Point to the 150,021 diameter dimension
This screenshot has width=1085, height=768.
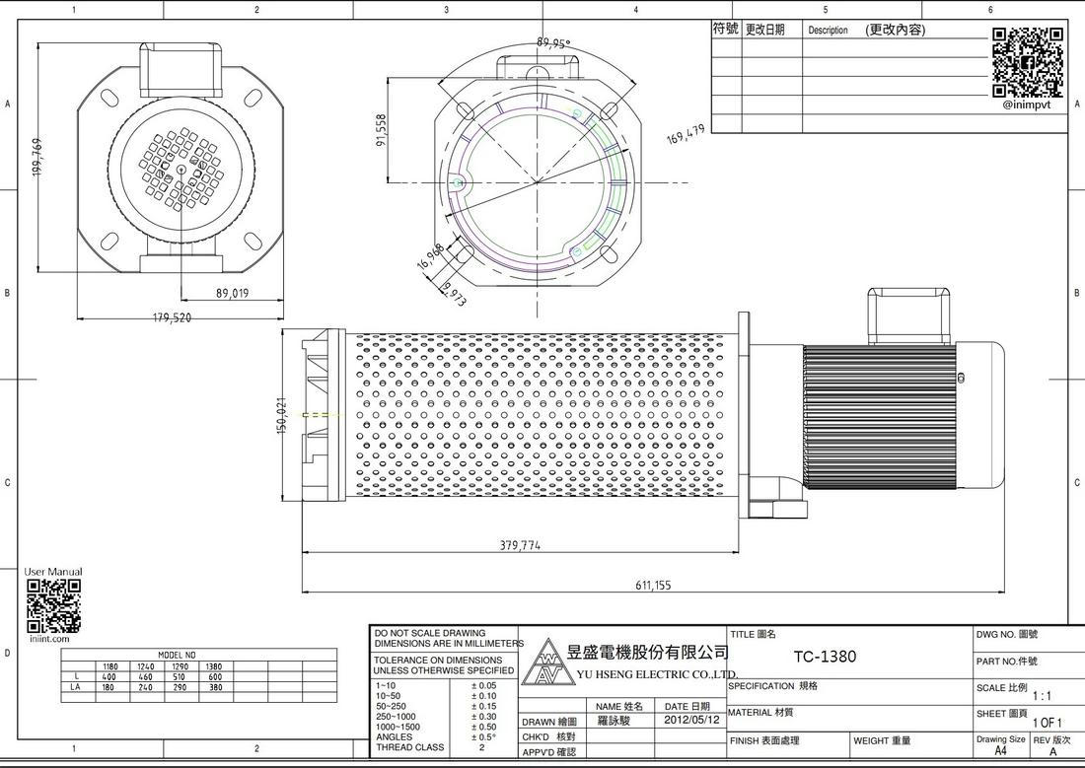[282, 416]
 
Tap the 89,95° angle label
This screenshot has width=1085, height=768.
[553, 43]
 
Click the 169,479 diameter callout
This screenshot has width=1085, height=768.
[686, 134]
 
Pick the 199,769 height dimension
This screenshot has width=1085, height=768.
[37, 158]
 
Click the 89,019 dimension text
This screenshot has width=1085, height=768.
[232, 293]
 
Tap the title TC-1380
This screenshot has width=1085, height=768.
[825, 657]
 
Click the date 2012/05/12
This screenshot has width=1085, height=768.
[687, 721]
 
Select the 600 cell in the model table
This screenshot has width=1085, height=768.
[214, 677]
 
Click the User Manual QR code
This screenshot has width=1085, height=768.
[53, 606]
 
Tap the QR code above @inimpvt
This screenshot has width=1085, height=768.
[1027, 61]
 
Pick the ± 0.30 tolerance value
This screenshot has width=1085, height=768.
[483, 717]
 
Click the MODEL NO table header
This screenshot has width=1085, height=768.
[178, 655]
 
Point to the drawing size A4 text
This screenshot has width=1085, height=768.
[1000, 750]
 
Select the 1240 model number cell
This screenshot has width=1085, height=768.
[146, 666]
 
